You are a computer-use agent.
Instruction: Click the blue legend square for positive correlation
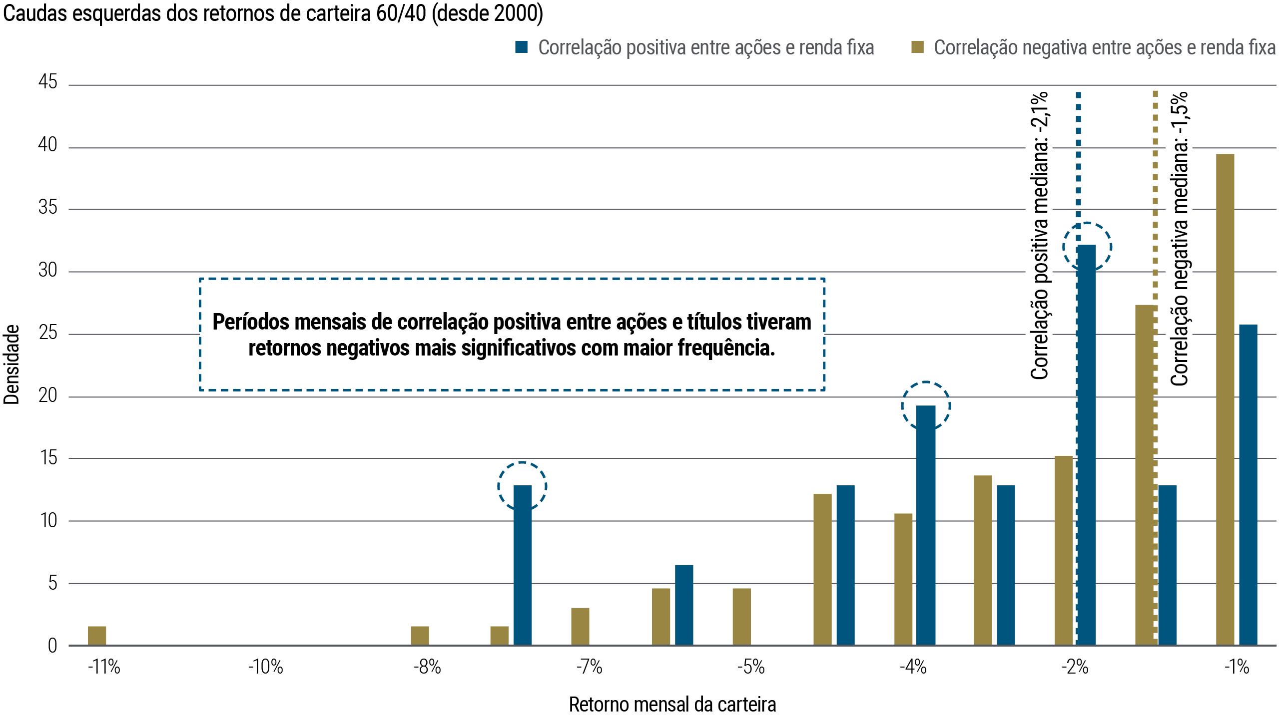[x=521, y=47]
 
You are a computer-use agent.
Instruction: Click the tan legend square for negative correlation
[x=917, y=47]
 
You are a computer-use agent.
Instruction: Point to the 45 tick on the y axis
[x=48, y=82]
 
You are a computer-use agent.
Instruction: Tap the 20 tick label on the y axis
[x=48, y=395]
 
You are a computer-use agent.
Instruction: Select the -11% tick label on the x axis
[x=104, y=667]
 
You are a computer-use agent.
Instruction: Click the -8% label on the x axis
[x=427, y=667]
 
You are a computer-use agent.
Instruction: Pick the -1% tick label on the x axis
[x=1237, y=667]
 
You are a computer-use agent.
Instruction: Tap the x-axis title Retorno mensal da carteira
[x=672, y=705]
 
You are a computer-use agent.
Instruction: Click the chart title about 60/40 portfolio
[x=273, y=13]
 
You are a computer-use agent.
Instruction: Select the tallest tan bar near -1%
[x=1225, y=399]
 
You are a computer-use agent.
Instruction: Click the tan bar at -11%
[x=97, y=636]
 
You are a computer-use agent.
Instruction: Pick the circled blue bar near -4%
[x=926, y=524]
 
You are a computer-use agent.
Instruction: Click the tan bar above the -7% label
[x=580, y=626]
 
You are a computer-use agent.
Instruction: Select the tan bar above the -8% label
[x=420, y=636]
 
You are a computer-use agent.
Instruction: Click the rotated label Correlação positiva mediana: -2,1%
[x=1039, y=235]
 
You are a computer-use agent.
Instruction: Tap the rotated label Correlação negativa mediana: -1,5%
[x=1179, y=238]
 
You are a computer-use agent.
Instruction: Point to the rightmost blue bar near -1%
[x=1248, y=484]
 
